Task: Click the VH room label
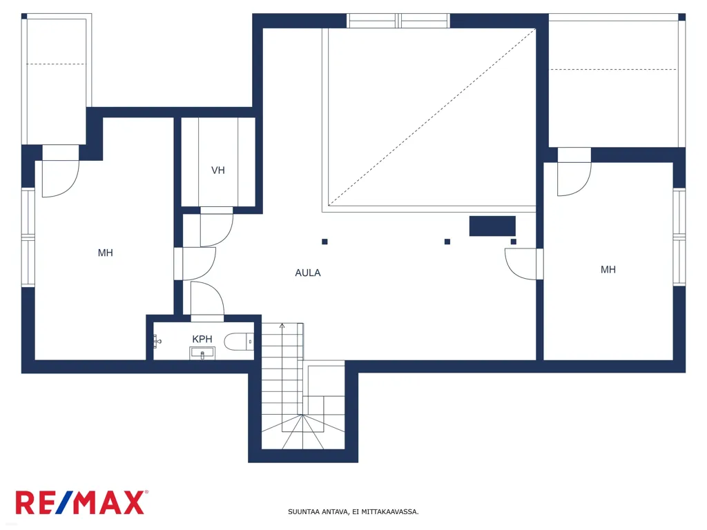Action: (x=217, y=170)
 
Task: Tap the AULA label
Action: (x=308, y=273)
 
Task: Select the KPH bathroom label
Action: (x=202, y=339)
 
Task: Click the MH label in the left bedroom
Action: (x=105, y=253)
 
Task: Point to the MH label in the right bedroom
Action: (x=608, y=270)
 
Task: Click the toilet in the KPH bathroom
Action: (x=239, y=342)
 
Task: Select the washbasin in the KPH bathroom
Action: (x=202, y=353)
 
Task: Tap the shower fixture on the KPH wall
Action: (x=157, y=341)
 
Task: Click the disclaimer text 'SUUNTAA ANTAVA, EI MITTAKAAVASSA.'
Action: (x=353, y=511)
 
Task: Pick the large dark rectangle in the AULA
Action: (x=492, y=226)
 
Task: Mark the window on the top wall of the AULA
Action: (x=398, y=21)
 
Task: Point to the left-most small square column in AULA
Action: (x=325, y=242)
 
